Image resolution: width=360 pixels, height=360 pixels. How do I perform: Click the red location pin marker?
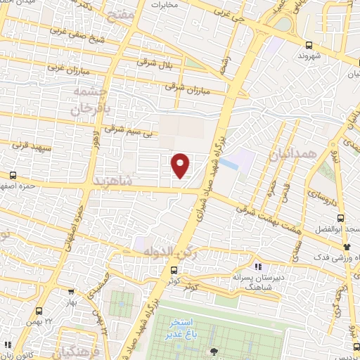tap(181, 165)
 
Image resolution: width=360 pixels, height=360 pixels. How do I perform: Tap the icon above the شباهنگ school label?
tap(257, 266)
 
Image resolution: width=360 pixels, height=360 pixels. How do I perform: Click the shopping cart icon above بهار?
tap(71, 290)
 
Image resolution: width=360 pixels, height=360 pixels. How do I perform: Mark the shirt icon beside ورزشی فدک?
tap(347, 247)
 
